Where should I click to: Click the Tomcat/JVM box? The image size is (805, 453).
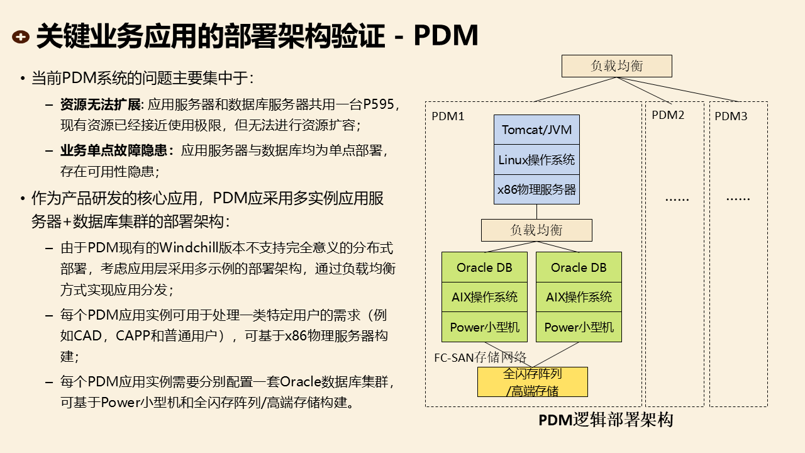[x=536, y=130]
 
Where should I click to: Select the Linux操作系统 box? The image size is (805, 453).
[x=536, y=160]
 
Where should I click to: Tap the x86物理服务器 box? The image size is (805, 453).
[x=536, y=189]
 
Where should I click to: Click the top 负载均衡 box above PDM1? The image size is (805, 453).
[x=616, y=65]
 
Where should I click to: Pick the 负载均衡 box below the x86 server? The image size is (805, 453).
[x=536, y=230]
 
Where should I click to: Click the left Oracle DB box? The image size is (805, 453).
[x=484, y=267]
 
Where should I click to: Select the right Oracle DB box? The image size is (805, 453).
[x=579, y=267]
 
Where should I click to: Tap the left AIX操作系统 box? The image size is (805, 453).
[x=484, y=297]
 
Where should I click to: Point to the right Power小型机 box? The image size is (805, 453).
[x=579, y=327]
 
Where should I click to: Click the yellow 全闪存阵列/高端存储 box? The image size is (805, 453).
[x=533, y=382]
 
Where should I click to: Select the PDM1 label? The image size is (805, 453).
[x=448, y=116]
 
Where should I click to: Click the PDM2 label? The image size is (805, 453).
[x=668, y=115]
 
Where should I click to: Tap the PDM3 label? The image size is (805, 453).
[x=731, y=116]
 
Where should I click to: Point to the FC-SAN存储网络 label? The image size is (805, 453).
[x=480, y=357]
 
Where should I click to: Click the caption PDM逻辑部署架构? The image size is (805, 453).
[x=606, y=420]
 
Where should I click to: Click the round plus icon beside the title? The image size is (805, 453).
[x=21, y=37]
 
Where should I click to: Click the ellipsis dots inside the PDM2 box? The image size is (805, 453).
[x=677, y=198]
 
